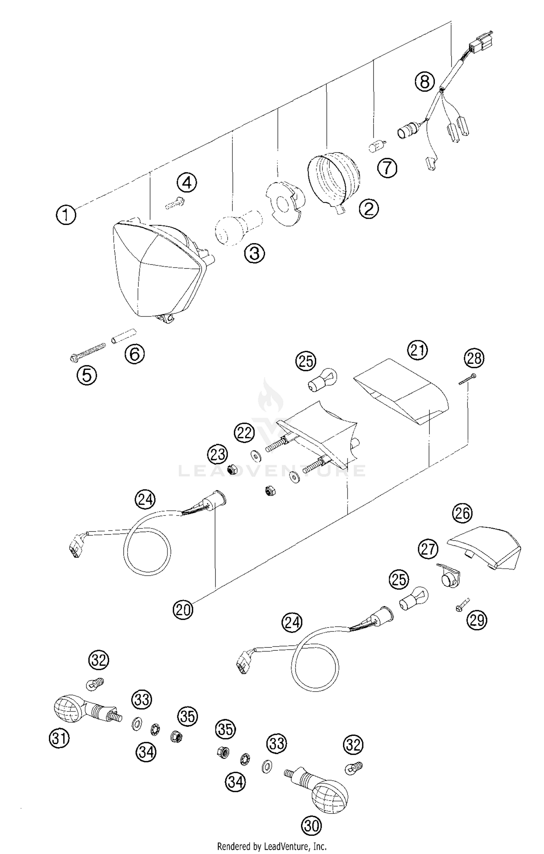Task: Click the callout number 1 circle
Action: pyautogui.click(x=66, y=215)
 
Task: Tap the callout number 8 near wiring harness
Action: pyautogui.click(x=425, y=81)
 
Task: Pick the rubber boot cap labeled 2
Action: pyautogui.click(x=334, y=179)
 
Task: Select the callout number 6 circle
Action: pyautogui.click(x=135, y=354)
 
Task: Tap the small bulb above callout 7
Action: pyautogui.click(x=377, y=146)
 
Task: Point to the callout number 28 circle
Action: pyautogui.click(x=474, y=358)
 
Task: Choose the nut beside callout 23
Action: pyautogui.click(x=231, y=471)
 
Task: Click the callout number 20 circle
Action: pyautogui.click(x=183, y=610)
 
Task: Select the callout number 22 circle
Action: pyautogui.click(x=244, y=432)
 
